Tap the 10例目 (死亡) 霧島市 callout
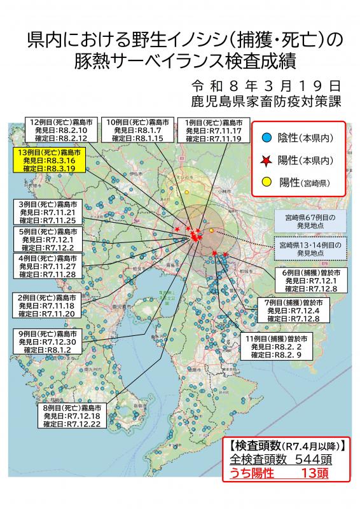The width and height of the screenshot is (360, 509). [x=137, y=129]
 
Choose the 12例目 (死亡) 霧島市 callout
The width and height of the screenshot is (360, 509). [x=62, y=129]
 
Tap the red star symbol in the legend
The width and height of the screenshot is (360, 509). [x=268, y=159]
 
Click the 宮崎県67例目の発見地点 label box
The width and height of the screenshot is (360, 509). [x=310, y=221]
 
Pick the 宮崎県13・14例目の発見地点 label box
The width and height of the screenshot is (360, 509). [x=310, y=248]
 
